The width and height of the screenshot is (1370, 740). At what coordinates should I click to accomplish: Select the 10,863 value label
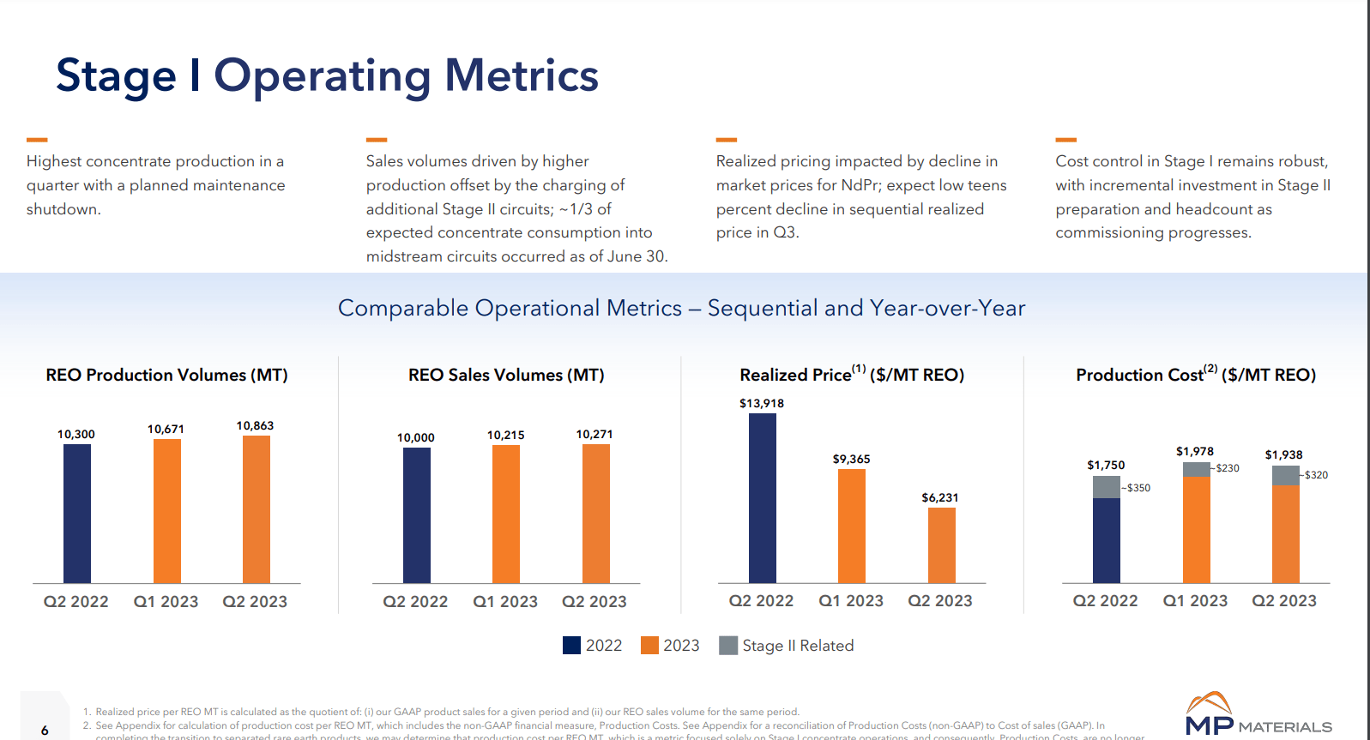click(x=255, y=425)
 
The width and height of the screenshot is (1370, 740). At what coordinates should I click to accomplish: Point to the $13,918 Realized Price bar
click(x=762, y=497)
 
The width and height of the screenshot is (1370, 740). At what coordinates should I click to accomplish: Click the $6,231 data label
click(x=940, y=497)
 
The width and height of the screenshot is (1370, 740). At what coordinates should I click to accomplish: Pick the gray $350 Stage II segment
click(x=1106, y=486)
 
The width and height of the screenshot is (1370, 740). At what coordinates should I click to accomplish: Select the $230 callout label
click(x=1228, y=468)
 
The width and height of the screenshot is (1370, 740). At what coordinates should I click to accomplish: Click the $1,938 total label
click(x=1283, y=454)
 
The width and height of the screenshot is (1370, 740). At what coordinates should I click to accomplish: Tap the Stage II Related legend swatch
click(x=728, y=646)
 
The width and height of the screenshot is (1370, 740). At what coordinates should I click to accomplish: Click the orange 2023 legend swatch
click(x=649, y=646)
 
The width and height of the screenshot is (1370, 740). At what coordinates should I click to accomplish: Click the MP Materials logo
click(x=1258, y=715)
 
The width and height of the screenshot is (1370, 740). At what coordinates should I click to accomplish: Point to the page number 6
click(x=45, y=731)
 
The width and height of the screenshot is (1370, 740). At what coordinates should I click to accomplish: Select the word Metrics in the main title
click(x=521, y=75)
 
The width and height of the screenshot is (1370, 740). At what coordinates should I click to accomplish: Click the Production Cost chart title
click(x=1195, y=375)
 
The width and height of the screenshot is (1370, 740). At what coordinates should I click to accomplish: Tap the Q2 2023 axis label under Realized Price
click(x=940, y=601)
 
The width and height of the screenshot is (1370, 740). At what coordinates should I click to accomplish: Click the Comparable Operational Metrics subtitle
click(x=681, y=308)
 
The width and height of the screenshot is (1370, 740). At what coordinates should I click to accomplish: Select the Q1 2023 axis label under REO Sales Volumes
click(x=505, y=602)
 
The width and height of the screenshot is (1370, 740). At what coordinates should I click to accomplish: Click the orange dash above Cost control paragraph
click(x=1065, y=139)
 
